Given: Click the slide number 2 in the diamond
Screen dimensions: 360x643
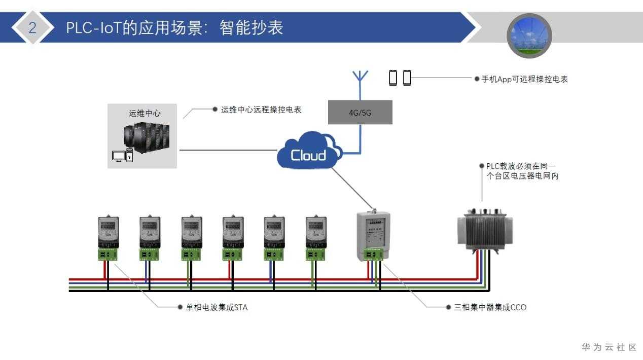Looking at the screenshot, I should point(32,27).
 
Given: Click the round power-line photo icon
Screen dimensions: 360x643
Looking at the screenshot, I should point(529,35).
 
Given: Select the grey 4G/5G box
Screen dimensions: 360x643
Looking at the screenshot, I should point(360,113).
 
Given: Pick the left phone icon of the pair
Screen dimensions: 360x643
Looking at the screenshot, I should point(393,78).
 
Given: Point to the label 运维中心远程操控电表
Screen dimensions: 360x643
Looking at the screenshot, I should point(261,110).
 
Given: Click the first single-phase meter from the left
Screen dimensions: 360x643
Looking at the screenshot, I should point(108,237).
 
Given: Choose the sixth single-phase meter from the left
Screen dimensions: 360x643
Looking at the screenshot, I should point(315,237).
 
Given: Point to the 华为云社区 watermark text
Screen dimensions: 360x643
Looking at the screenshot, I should point(609,347).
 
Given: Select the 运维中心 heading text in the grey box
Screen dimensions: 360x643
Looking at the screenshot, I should point(145,113).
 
